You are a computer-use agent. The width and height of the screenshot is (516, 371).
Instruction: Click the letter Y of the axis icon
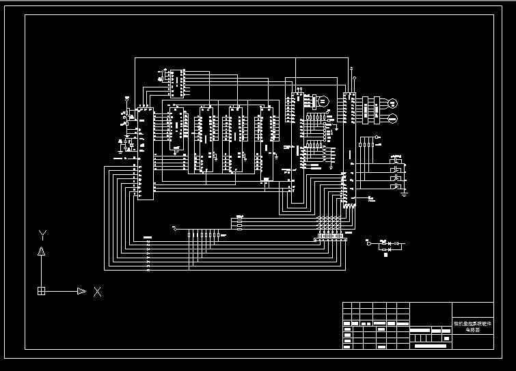pos(42,235)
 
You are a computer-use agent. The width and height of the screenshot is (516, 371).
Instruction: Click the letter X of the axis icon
pos(98,292)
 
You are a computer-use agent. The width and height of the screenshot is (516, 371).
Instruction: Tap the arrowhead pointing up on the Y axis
pos(42,251)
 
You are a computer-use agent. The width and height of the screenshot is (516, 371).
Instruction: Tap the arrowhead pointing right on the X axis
pos(81,291)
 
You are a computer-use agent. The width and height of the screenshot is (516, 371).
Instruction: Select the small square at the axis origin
pos(42,291)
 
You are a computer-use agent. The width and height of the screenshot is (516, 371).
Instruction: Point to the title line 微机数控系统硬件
pos(472,323)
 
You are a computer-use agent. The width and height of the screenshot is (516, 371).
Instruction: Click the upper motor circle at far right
pos(392,103)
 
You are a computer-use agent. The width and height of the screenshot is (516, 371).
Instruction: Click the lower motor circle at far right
pos(392,119)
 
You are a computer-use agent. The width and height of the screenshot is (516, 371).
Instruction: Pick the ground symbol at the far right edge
pos(404,194)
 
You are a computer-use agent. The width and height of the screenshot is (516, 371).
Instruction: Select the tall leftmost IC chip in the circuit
pos(145,153)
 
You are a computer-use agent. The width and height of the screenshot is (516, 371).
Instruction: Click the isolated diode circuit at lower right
pos(386,246)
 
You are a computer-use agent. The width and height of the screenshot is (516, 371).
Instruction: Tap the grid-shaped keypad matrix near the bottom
pos(329,226)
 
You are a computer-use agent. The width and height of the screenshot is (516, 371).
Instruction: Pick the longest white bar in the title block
pos(435,346)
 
